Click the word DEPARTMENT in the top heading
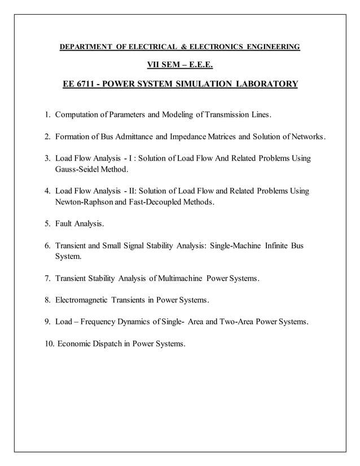pos(85,46)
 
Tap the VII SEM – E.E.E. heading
pos(180,65)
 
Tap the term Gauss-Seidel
pos(78,169)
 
